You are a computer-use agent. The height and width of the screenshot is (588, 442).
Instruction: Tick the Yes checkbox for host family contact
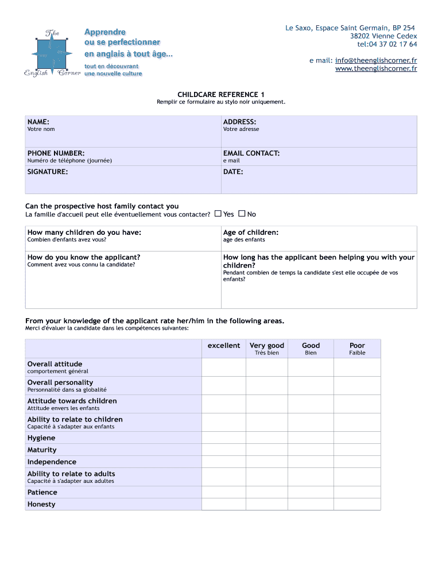(218, 214)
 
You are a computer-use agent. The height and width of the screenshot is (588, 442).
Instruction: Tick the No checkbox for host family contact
(242, 214)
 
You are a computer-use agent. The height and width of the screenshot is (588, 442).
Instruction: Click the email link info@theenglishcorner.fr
(376, 60)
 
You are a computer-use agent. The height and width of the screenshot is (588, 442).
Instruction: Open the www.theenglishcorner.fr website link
(376, 69)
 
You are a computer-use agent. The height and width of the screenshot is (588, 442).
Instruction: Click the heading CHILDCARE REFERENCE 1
(221, 94)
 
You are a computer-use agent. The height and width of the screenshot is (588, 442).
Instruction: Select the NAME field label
(38, 122)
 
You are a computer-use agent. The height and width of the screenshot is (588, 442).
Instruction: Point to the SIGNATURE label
(48, 172)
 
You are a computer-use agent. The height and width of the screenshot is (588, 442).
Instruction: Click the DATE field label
(233, 172)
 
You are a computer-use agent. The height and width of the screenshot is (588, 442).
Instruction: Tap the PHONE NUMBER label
(56, 153)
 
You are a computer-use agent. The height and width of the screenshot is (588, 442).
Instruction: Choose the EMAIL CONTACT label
(251, 153)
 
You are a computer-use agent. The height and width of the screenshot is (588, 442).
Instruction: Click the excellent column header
(224, 346)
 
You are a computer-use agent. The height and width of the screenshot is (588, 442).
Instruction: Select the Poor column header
(357, 346)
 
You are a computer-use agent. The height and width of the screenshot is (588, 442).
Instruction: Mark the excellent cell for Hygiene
(223, 438)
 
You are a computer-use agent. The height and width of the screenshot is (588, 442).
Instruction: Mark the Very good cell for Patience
(266, 492)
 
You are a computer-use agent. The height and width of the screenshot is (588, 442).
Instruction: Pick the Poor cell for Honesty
(357, 504)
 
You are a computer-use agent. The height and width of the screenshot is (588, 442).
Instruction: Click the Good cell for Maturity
(311, 450)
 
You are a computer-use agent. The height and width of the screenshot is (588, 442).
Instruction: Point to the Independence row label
(52, 462)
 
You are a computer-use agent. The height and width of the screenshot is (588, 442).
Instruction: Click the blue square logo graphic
(52, 55)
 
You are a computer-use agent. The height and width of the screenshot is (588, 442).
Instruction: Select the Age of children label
(251, 233)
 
